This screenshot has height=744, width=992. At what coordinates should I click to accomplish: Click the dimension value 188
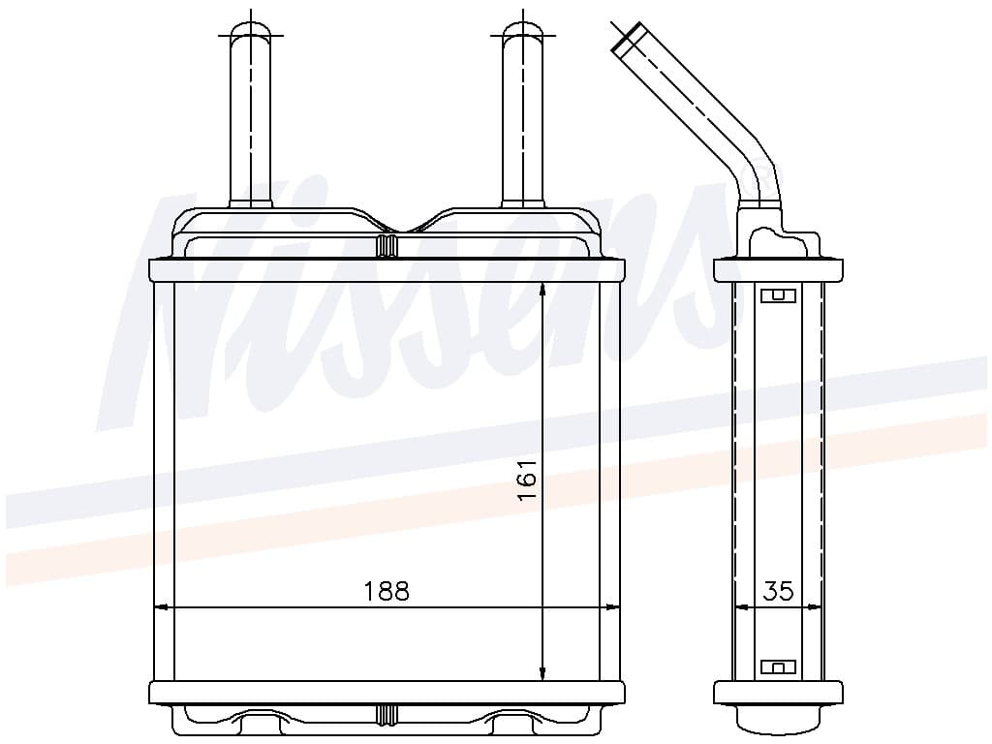click(x=387, y=591)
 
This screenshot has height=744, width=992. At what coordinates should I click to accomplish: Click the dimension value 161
click(x=527, y=480)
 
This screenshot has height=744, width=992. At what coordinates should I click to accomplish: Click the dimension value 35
click(x=778, y=591)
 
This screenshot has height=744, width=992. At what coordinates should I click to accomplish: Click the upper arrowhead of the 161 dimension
click(x=542, y=289)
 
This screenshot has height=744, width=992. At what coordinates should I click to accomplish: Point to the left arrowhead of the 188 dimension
click(x=162, y=607)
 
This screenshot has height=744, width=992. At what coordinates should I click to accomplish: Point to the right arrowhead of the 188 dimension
click(x=611, y=607)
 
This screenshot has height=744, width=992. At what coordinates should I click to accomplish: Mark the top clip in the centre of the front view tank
click(x=387, y=246)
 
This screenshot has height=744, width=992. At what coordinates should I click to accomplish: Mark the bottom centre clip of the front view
click(x=387, y=716)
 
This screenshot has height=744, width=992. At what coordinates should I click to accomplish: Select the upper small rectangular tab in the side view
click(x=778, y=295)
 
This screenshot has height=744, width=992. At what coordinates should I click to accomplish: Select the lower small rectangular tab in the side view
click(x=778, y=666)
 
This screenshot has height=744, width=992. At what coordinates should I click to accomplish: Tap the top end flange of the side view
click(x=778, y=270)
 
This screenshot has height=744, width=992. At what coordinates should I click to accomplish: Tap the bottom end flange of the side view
click(x=778, y=692)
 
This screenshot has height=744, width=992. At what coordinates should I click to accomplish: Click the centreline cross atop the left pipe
click(x=250, y=36)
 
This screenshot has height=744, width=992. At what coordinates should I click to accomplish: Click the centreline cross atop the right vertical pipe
click(x=523, y=36)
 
